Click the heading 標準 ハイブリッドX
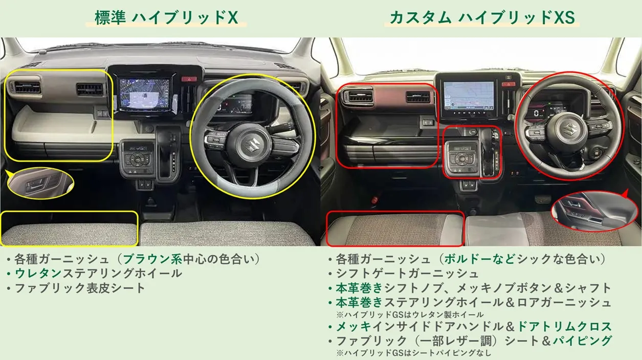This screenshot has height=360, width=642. tap(166, 18)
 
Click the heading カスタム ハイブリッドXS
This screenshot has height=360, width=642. tap(482, 17)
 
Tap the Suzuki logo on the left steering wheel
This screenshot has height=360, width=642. tap(253, 145)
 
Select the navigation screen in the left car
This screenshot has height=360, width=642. tap(145, 94)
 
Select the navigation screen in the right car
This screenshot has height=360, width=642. tap(469, 96)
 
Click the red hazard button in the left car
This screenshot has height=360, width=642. tap(189, 78)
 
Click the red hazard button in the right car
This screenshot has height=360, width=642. tap(508, 84)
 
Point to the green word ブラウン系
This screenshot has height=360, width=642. tap(152, 259)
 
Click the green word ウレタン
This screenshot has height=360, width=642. tap(38, 274)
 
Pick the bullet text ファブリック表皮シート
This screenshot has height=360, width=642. tap(80, 288)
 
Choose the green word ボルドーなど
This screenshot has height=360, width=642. tap(480, 259)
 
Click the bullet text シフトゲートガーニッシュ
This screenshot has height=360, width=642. tap(407, 274)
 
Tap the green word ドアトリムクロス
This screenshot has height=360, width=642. tap(565, 326)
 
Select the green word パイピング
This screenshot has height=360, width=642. tap(582, 341)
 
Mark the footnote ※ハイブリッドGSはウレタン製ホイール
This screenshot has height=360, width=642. tap(410, 314)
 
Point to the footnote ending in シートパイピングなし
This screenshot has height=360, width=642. tap(414, 353)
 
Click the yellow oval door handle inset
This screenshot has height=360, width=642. tap(40, 183)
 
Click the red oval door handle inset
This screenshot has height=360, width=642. tap(595, 211)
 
